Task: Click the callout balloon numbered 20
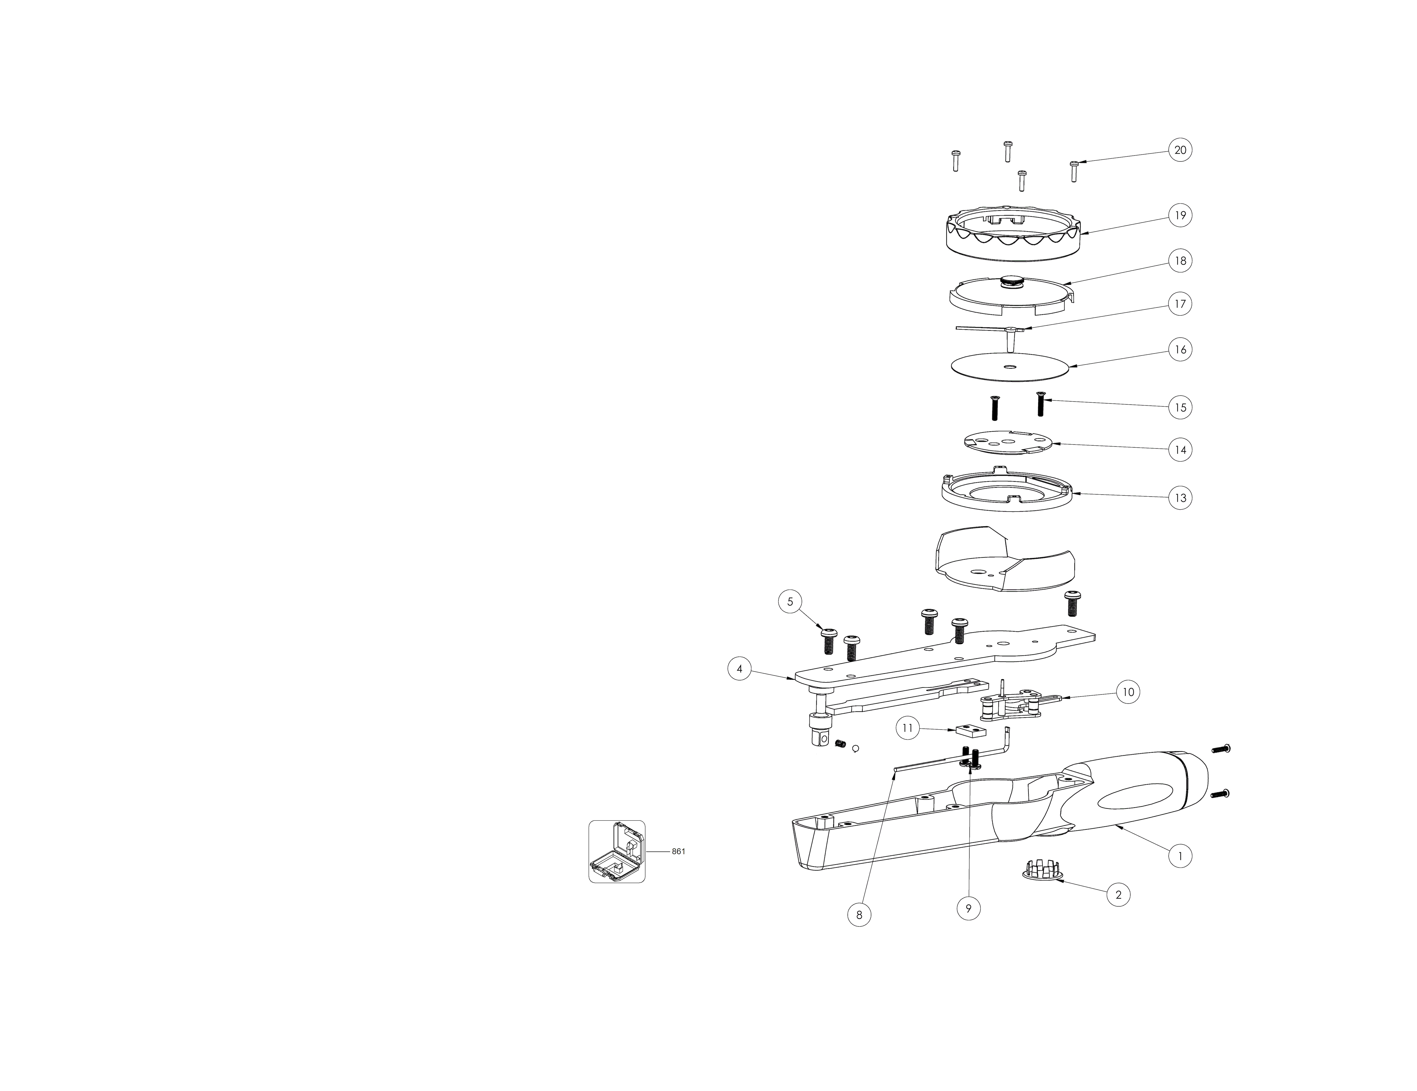(1180, 150)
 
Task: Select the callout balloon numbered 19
(1180, 215)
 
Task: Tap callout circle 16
(1180, 350)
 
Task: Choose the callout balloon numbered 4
(740, 668)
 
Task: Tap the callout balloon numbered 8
(859, 914)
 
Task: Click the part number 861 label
(678, 852)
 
